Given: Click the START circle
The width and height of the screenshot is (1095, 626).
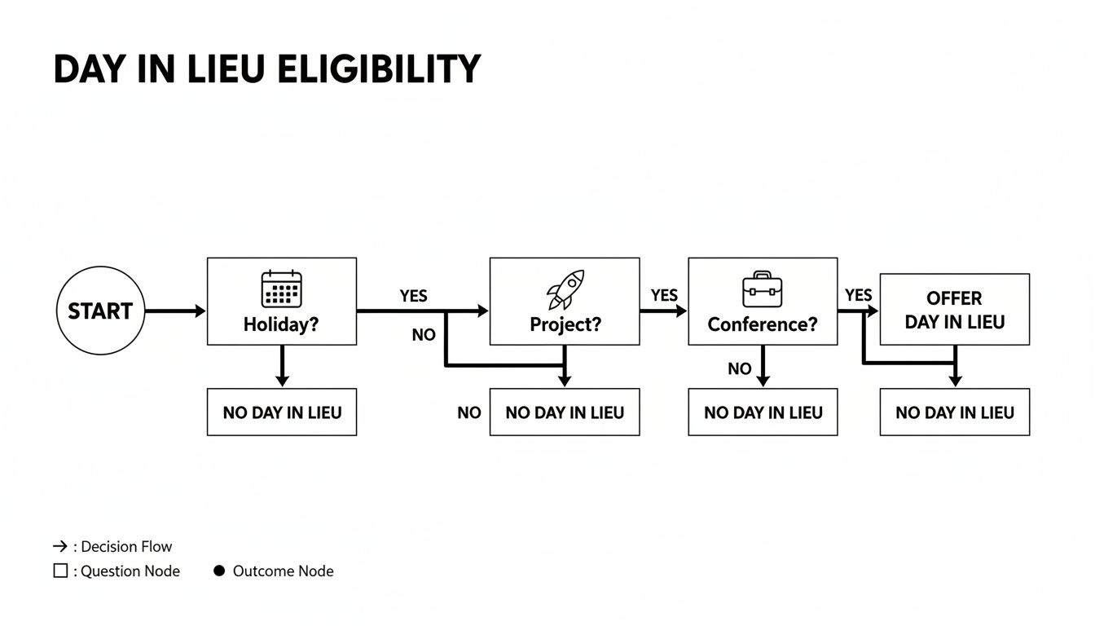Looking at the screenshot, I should pos(99,311).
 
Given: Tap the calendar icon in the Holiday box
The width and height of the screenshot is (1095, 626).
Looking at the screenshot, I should pos(281,289).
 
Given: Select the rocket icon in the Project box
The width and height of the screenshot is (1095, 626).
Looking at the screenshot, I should pos(565,290).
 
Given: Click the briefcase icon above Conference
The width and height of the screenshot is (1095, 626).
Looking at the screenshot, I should pos(762,289).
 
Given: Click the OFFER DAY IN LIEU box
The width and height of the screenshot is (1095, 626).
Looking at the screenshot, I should pos(954,310).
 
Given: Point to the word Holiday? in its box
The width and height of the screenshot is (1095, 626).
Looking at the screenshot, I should pos(281,324).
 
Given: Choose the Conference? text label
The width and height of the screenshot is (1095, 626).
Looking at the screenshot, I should pos(762,324).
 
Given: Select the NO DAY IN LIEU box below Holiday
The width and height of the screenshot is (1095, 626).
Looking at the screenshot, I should pos(281,412).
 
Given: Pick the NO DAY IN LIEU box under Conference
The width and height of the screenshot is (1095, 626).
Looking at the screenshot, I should pos(763,412).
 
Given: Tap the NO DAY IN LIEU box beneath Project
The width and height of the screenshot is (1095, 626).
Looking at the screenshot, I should pos(564,412).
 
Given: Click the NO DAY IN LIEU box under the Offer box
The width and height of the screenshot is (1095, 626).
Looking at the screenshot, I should pos(954,412).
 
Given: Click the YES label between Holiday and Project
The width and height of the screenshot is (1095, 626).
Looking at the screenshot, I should pos(413,296).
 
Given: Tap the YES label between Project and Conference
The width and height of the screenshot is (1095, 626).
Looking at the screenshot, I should pos(664,295).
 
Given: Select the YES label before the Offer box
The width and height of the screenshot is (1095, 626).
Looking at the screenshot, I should pos(858,295).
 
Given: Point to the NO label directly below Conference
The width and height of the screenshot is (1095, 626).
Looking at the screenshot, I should pos(740,369).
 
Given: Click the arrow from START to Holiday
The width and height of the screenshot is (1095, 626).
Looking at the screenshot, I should pos(174,311).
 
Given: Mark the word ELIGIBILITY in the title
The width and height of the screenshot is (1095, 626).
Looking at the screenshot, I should pos(379,71).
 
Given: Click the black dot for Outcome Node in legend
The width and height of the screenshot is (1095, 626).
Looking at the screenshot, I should pos(218,571).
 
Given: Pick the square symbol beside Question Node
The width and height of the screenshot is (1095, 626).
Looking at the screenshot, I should pos(60,571).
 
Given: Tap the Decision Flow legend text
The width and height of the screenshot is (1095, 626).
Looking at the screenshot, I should pos(126,547).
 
